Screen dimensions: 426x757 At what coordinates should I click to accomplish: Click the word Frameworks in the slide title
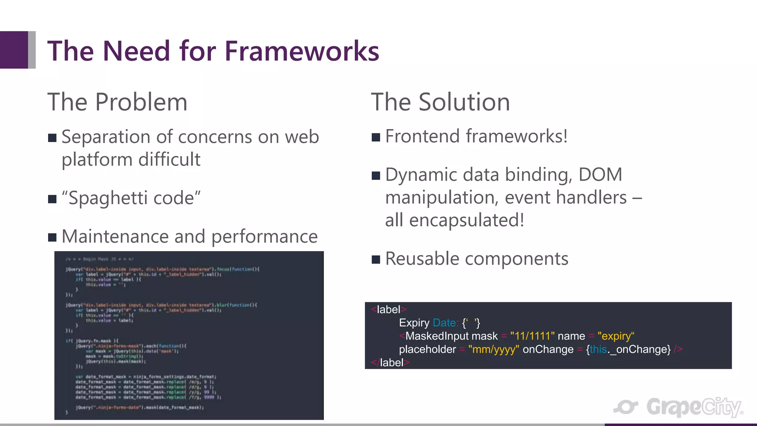(x=302, y=51)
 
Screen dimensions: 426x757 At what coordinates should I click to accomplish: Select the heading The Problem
(x=117, y=102)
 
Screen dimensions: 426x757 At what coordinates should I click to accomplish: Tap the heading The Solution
(x=440, y=102)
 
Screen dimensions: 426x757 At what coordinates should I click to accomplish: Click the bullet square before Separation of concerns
(x=52, y=138)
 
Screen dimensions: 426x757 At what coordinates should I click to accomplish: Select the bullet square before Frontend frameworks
(x=376, y=137)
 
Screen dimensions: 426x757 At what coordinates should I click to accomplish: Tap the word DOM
(x=600, y=175)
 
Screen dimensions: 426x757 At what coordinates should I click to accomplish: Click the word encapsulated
(x=466, y=220)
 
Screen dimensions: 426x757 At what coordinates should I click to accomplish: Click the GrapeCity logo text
(x=694, y=407)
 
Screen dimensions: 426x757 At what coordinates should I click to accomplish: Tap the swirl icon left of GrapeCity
(x=626, y=407)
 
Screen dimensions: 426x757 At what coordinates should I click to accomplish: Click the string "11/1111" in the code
(x=532, y=336)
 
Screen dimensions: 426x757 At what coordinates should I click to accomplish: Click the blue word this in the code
(x=598, y=349)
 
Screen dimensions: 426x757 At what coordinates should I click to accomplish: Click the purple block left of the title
(x=14, y=50)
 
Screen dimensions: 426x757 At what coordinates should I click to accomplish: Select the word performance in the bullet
(x=264, y=237)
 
